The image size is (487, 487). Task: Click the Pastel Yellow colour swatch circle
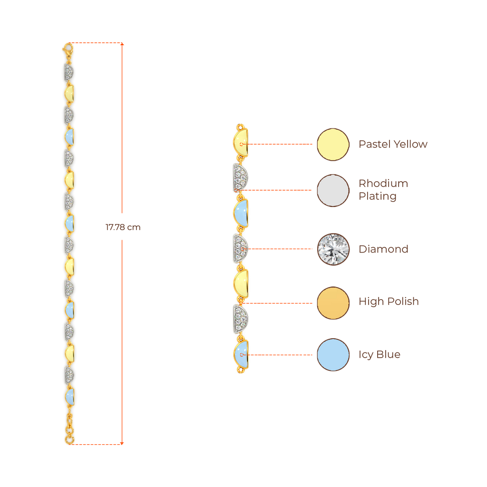point(333,144)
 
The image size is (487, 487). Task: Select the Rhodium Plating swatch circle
point(333,190)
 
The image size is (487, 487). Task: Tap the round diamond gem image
point(333,249)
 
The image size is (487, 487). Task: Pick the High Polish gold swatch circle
point(333,302)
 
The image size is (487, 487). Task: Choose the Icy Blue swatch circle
point(333,355)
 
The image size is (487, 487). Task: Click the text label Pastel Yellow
point(393,144)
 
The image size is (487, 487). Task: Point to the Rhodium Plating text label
point(383,190)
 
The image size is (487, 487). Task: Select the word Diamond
point(383,249)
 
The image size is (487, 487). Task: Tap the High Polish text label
point(389,302)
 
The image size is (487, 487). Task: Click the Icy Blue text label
point(380,354)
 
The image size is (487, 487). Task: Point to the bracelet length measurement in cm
point(122,227)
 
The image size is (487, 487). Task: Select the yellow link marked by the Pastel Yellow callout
point(241,143)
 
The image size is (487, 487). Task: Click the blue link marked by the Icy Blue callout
point(241,355)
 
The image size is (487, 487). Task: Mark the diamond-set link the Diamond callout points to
point(240,249)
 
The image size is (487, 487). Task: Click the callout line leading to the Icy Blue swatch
point(281,355)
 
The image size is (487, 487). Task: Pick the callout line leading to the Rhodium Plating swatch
point(278,190)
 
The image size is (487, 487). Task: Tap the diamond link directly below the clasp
point(68,72)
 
